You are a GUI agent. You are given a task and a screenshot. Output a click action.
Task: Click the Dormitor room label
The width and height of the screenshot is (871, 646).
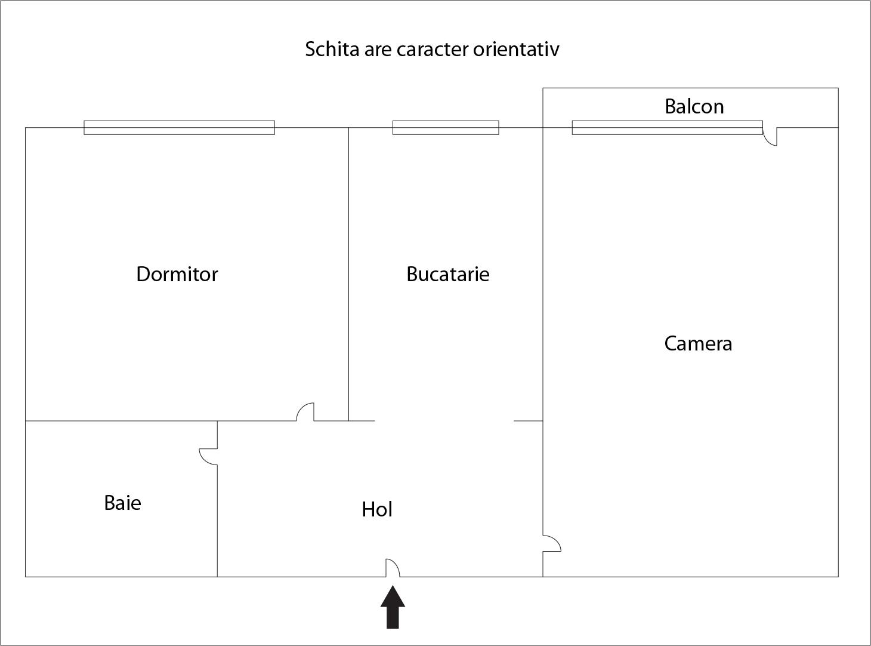(177, 275)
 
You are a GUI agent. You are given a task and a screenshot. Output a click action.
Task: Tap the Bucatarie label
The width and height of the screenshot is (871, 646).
(448, 275)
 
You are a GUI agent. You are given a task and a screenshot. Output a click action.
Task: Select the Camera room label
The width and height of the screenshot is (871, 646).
(698, 344)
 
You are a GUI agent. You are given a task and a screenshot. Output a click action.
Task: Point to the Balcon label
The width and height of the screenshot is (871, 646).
(694, 106)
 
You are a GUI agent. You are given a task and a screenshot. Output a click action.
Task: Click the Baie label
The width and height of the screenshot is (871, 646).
(122, 503)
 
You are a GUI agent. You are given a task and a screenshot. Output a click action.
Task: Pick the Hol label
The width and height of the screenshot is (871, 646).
(377, 509)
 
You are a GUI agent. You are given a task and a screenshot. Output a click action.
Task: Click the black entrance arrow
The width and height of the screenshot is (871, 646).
(393, 607)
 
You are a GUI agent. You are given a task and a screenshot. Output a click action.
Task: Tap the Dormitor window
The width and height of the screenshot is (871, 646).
(179, 128)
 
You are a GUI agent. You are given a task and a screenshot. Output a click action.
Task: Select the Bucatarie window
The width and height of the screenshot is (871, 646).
(446, 128)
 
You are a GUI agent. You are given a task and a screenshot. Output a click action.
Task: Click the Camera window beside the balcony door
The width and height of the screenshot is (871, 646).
(667, 128)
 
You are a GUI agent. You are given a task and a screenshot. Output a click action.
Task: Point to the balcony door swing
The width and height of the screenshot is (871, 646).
(770, 137)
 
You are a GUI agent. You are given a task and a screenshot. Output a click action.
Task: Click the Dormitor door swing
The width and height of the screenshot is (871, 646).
(305, 412)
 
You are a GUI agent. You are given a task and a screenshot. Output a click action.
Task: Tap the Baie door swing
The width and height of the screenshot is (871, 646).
(209, 457)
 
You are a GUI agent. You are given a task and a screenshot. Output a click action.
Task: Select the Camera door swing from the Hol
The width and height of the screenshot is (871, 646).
(552, 543)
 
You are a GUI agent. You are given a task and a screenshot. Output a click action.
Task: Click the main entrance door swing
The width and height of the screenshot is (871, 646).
(393, 568)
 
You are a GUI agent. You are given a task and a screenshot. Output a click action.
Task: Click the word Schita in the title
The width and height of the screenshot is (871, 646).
(332, 50)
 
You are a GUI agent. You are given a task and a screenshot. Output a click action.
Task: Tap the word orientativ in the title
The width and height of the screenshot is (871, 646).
(516, 50)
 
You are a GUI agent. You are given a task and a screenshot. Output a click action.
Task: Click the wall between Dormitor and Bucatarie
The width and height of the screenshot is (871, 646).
(349, 274)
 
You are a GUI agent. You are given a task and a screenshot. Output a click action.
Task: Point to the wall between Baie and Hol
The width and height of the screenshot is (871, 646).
(217, 499)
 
